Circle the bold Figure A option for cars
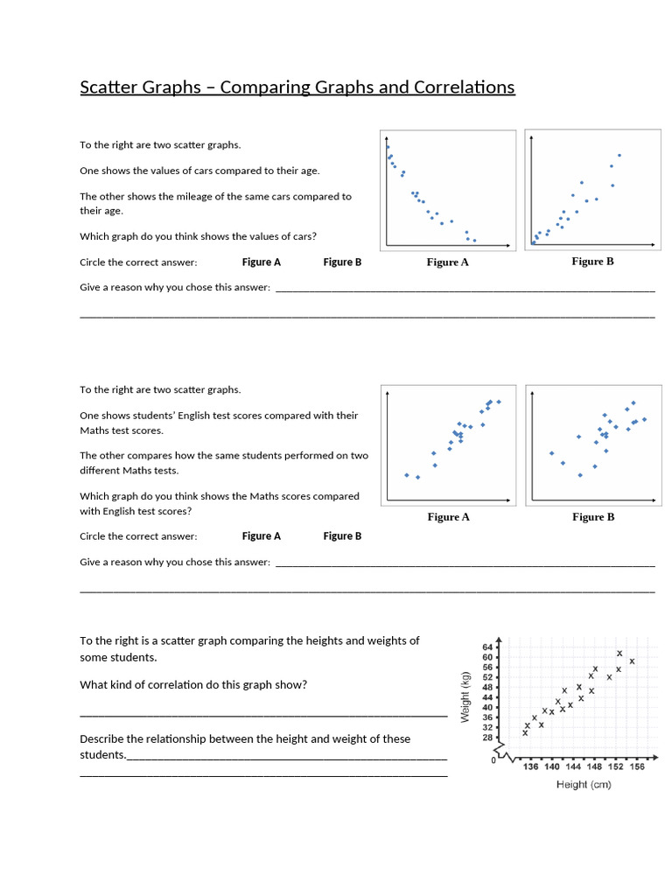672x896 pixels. tap(262, 262)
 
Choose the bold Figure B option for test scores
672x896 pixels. tap(342, 536)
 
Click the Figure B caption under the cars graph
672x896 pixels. tap(593, 262)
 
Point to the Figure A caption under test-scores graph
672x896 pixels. tap(448, 517)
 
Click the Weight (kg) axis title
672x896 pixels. tap(465, 696)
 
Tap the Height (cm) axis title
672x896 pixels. tap(584, 785)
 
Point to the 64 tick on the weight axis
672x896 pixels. tap(488, 647)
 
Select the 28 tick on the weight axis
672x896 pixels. tap(488, 738)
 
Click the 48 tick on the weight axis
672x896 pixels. tap(488, 688)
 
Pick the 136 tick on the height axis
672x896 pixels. tap(530, 767)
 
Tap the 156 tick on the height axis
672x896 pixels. tap(636, 767)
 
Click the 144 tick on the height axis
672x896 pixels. tap(573, 767)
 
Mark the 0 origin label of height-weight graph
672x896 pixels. tap(493, 761)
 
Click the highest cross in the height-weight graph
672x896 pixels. tap(619, 654)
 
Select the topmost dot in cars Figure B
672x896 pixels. tap(619, 156)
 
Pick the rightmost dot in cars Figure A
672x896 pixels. tap(474, 240)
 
